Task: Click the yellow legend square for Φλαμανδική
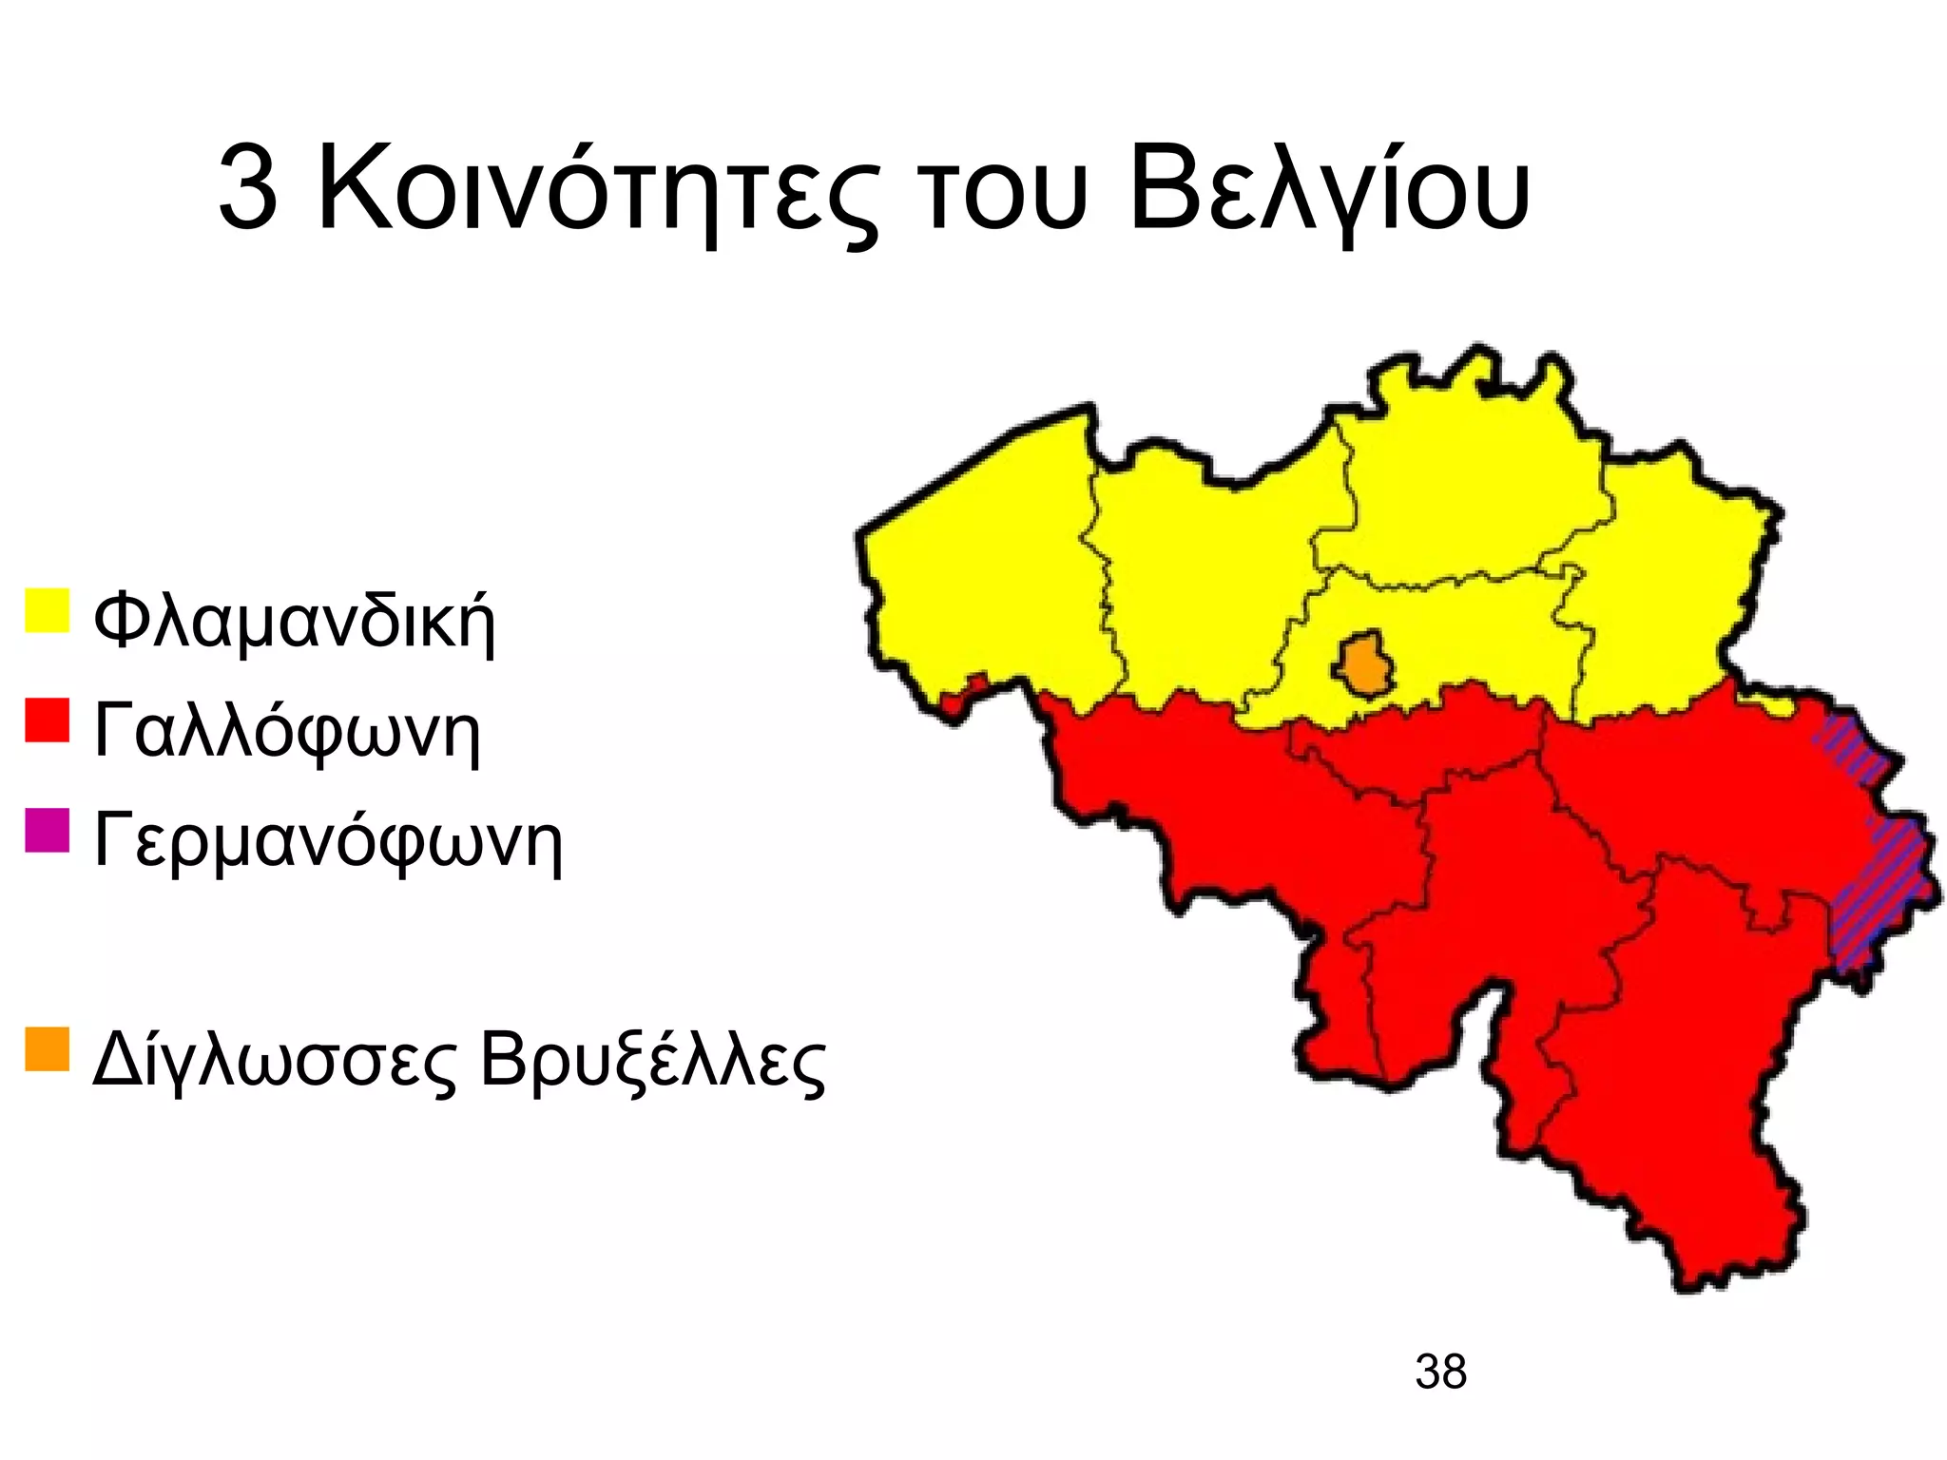point(47,610)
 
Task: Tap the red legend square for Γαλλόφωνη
point(47,720)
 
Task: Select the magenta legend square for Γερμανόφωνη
point(47,830)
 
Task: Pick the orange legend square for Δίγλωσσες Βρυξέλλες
point(47,1049)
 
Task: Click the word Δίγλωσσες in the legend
point(275,1062)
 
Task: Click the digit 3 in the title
point(248,189)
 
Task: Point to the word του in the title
point(1003,195)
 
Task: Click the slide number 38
point(1440,1373)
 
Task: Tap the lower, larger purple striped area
point(1878,893)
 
